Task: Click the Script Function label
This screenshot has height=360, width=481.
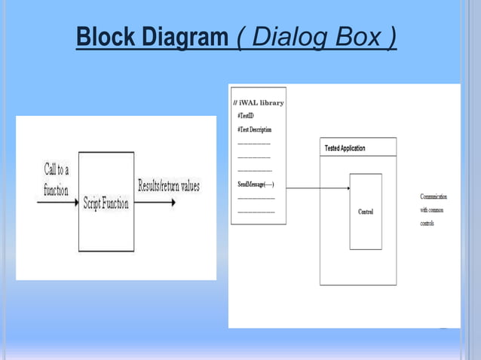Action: pos(106,204)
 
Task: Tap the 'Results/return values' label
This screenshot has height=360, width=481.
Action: pos(169,186)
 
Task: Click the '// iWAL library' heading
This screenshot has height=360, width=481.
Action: pos(259,102)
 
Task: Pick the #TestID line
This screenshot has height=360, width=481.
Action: pos(246,116)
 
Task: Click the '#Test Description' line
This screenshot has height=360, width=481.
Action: pos(254,130)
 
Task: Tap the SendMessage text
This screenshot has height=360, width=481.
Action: pos(256,185)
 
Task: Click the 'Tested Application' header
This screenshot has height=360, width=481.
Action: pos(345,148)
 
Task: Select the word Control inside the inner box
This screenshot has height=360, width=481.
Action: pos(366,212)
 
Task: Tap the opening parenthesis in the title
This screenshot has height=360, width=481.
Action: pos(241,37)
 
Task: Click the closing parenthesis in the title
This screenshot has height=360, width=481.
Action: pos(393,37)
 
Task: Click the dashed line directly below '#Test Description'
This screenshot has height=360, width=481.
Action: pos(254,143)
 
